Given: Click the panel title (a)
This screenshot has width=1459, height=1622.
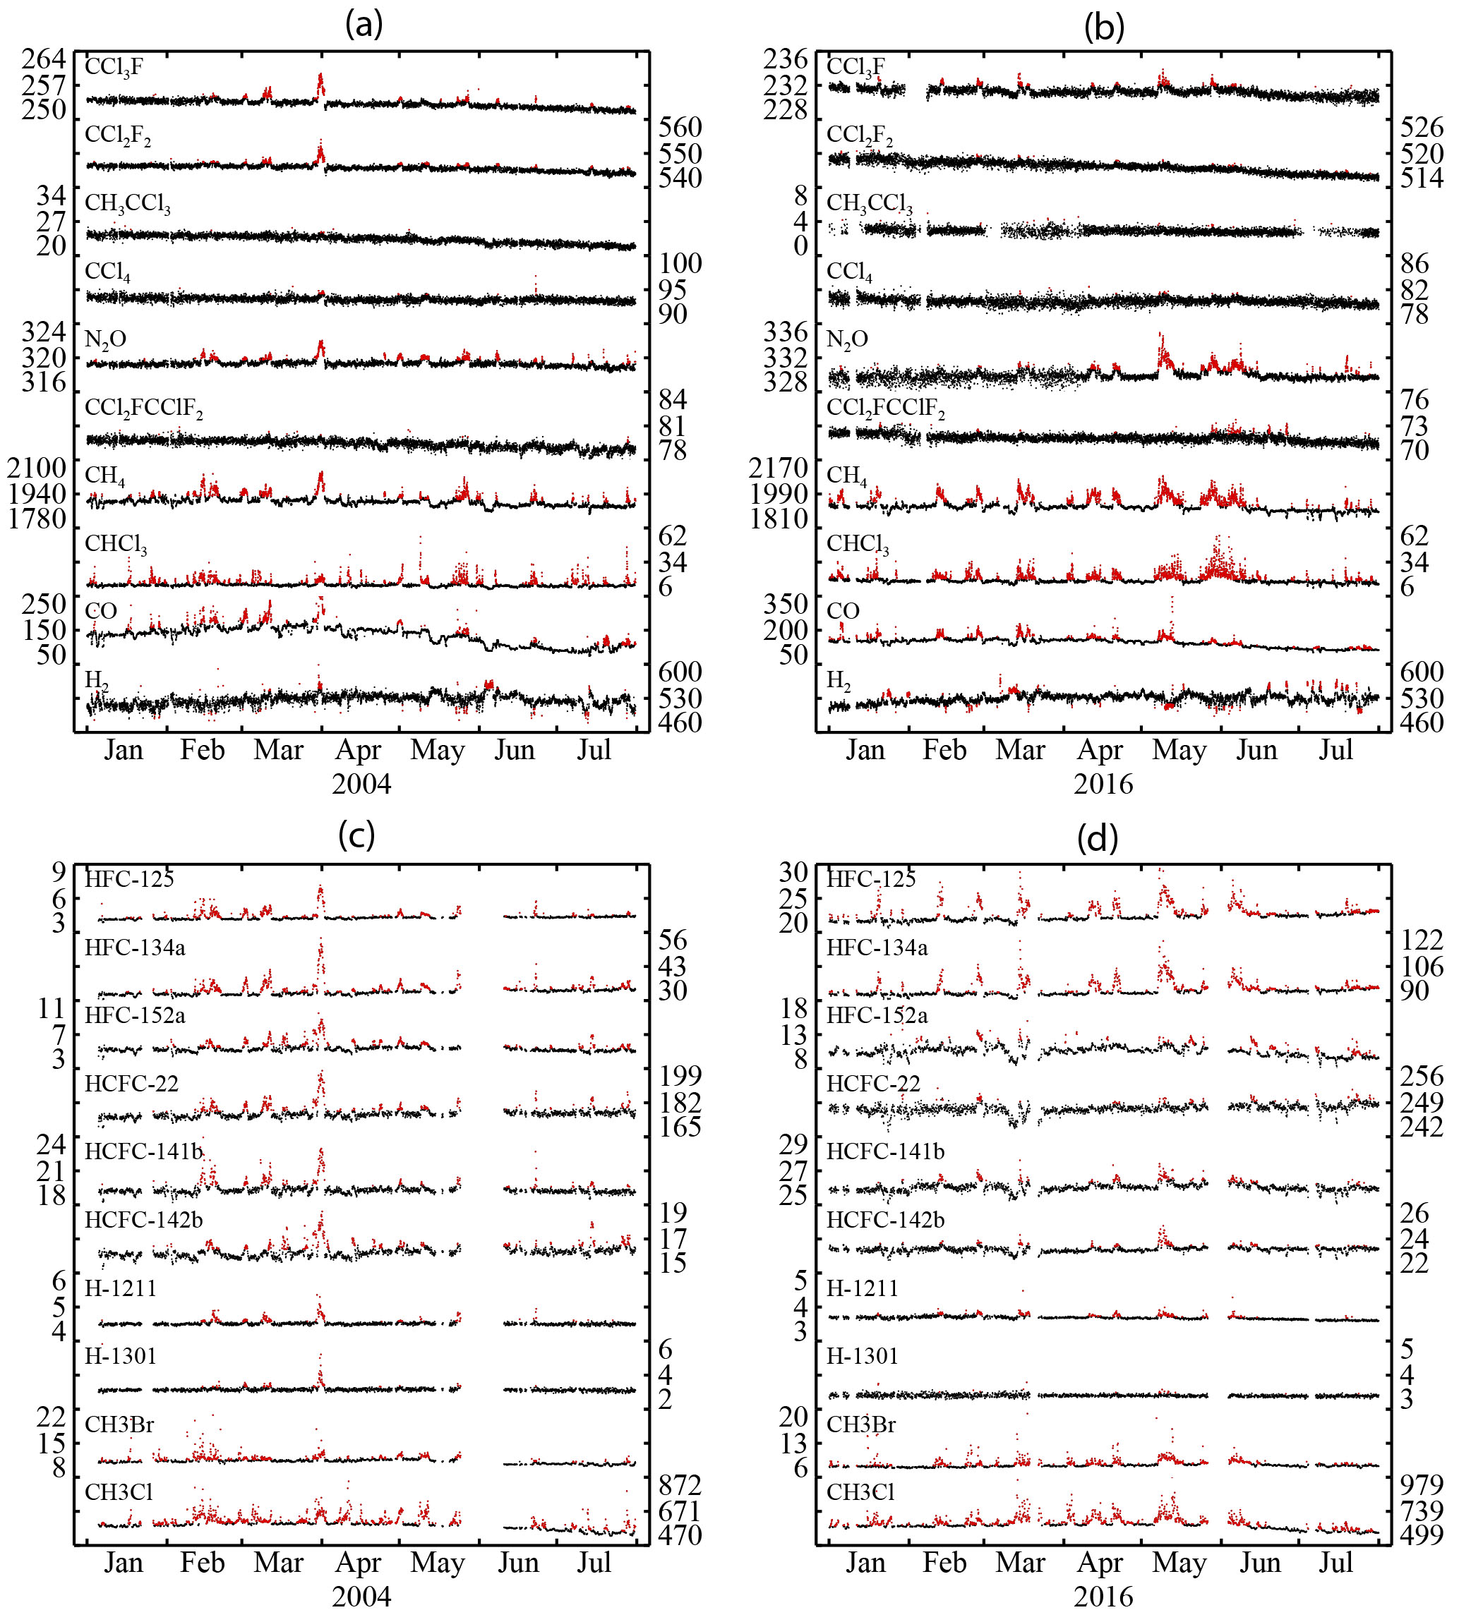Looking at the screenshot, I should (x=364, y=25).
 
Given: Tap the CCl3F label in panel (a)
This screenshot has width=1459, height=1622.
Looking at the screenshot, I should (x=114, y=67).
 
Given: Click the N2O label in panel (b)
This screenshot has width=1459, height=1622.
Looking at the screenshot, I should (x=846, y=340).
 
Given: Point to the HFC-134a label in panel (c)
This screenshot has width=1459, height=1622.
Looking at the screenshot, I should (x=135, y=948).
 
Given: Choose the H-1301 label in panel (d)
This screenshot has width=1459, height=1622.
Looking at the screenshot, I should (x=863, y=1356).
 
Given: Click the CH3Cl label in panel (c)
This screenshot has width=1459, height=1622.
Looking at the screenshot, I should (x=119, y=1492).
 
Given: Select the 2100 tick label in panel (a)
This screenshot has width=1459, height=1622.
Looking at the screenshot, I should (x=37, y=468).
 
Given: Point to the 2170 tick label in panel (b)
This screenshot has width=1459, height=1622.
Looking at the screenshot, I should (x=779, y=468).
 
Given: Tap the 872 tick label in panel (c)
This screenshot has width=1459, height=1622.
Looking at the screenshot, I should (x=680, y=1485).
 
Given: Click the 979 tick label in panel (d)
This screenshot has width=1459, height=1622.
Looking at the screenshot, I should (x=1422, y=1485).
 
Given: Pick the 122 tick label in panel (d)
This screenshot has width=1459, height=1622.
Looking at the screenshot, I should (x=1422, y=939).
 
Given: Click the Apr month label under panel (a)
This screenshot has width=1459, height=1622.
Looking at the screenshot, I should (x=358, y=750).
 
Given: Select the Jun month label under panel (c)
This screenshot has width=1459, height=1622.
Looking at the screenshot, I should (x=518, y=1563).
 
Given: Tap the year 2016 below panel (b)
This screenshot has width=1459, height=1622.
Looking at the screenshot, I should (x=1103, y=784).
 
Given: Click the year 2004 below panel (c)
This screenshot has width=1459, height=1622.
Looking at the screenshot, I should (x=361, y=1597).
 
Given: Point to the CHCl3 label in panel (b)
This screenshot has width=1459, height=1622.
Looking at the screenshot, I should (x=858, y=544).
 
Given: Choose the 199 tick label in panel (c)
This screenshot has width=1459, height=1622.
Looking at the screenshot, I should (x=680, y=1075).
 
